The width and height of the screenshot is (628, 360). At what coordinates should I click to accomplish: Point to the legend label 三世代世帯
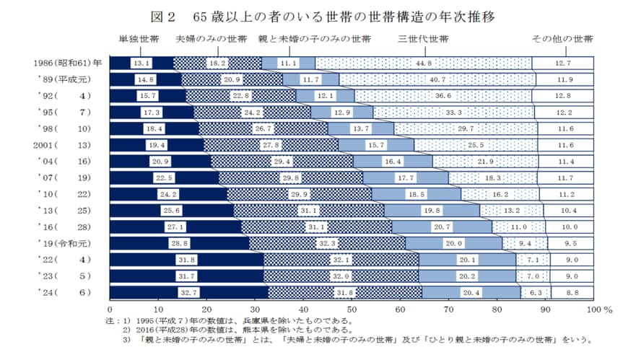423,39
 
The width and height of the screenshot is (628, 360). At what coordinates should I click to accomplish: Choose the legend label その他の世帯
562,39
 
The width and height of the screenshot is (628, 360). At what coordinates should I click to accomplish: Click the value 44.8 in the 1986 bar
423,63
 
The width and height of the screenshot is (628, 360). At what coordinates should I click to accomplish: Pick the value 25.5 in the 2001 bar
476,145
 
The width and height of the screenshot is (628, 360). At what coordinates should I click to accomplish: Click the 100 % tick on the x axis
598,308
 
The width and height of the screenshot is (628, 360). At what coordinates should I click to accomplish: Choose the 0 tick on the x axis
110,308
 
